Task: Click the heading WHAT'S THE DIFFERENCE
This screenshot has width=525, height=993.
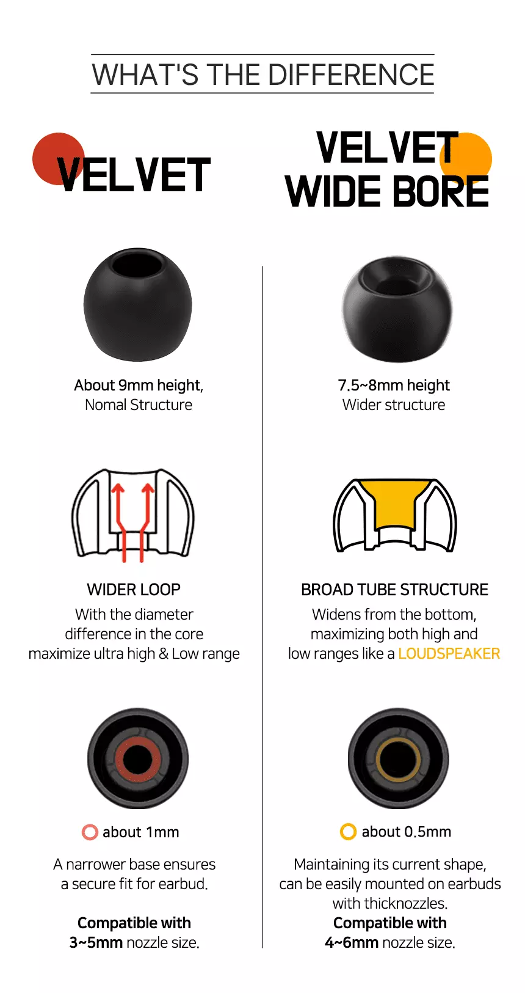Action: point(262,75)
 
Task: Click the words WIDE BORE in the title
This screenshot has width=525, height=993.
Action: point(387,191)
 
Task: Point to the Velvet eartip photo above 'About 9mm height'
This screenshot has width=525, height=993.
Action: point(138,304)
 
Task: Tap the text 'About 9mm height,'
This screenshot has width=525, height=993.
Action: point(139,385)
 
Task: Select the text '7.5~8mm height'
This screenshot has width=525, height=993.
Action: point(394,385)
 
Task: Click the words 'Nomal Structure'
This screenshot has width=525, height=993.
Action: point(139,405)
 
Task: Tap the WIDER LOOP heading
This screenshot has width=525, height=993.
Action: point(134,590)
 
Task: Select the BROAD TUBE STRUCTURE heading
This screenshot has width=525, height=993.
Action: point(395,590)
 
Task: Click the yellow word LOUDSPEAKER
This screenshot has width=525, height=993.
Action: point(449,653)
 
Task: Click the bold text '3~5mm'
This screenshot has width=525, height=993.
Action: point(96,942)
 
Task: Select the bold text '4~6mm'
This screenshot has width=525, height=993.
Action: point(352,942)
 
